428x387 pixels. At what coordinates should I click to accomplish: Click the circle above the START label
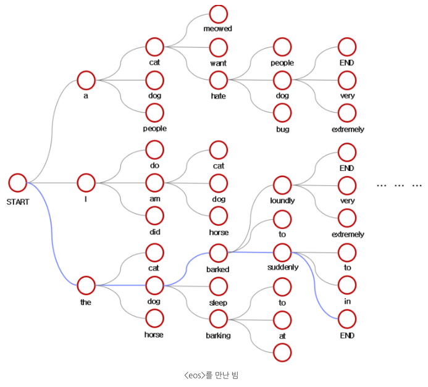click(18, 183)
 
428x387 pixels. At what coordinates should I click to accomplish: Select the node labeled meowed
click(218, 14)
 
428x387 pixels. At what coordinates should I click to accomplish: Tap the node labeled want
click(218, 47)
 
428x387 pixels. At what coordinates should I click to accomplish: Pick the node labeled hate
click(218, 80)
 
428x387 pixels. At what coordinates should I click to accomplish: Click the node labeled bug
click(282, 113)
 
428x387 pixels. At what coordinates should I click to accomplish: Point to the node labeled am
click(154, 183)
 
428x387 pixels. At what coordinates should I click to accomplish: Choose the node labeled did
click(154, 215)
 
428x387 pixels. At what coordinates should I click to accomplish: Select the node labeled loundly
click(282, 185)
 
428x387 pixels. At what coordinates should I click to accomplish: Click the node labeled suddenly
click(282, 252)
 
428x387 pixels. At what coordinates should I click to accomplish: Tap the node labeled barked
click(218, 253)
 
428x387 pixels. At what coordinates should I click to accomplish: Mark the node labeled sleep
click(218, 286)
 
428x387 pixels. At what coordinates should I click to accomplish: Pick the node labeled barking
click(218, 319)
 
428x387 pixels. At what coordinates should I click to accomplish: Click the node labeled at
click(282, 319)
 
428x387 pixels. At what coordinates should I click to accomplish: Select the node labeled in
click(347, 285)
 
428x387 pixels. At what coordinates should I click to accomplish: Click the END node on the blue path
click(347, 318)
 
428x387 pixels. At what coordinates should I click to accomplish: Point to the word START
click(18, 201)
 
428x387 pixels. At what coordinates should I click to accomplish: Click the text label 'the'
click(86, 302)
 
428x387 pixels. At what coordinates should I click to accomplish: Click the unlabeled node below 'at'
click(282, 352)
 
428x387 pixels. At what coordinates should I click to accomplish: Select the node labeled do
click(154, 149)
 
